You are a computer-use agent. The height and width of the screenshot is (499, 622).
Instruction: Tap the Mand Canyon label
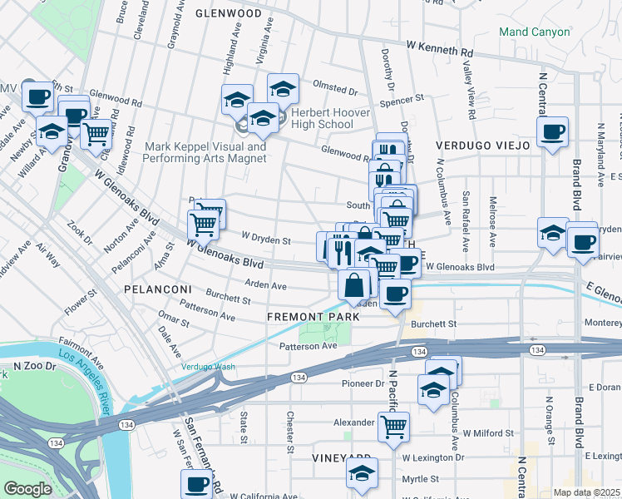point(534,32)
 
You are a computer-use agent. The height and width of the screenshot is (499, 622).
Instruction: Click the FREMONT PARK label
point(313,317)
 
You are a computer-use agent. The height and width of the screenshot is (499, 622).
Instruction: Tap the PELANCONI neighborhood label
point(157,289)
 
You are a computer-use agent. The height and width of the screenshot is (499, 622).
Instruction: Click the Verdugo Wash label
point(209,367)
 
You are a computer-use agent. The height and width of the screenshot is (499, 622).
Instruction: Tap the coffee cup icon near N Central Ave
point(552,131)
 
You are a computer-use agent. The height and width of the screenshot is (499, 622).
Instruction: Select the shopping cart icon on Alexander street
point(393,427)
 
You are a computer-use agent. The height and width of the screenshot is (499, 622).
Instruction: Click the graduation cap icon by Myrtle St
point(362,472)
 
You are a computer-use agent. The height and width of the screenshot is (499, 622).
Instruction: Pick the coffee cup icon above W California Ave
point(197,483)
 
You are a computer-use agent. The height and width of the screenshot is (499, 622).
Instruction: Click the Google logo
point(27,489)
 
